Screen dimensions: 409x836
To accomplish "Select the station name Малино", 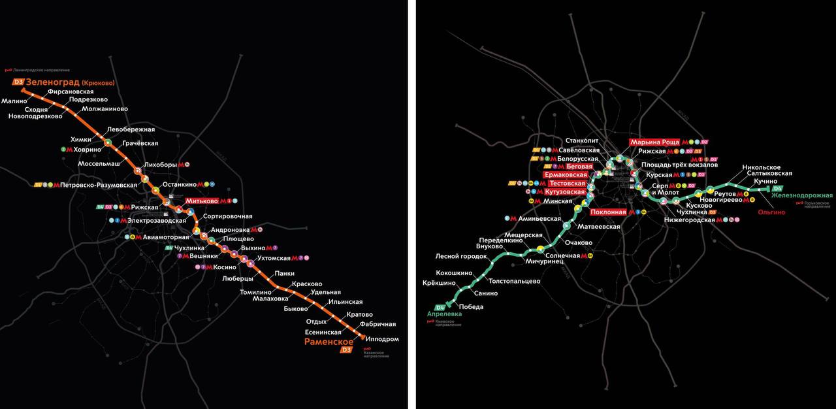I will (14, 101).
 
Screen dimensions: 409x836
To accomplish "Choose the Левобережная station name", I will (131, 129).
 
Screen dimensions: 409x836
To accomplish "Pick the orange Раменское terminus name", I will (329, 342).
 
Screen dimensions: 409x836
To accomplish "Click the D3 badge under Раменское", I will (346, 350).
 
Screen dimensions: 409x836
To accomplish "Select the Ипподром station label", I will (383, 339).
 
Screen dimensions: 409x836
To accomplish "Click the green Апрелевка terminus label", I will (444, 314).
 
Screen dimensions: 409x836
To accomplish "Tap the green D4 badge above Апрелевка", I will (440, 307).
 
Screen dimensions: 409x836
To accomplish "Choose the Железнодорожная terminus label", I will (802, 196).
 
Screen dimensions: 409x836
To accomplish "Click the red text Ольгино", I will (771, 212).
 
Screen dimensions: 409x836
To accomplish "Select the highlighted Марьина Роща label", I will (654, 142).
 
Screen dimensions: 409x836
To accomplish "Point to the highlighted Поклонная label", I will (608, 212).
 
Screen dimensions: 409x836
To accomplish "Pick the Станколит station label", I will (583, 140).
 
